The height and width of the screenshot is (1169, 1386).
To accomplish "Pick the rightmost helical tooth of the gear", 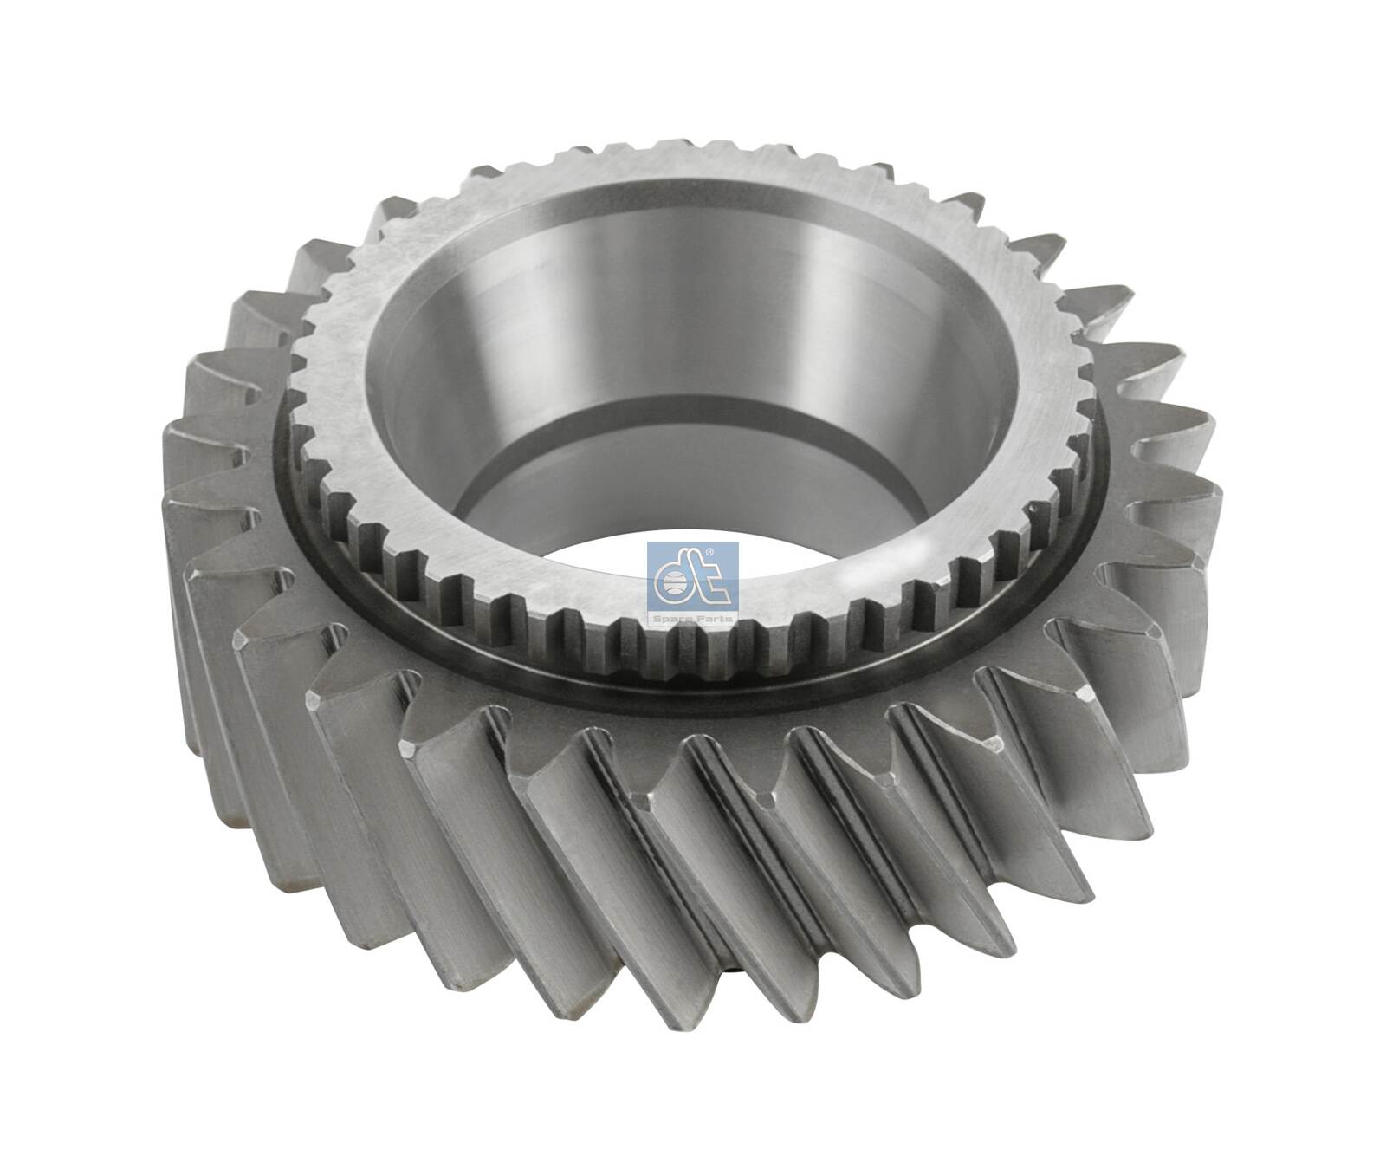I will pyautogui.click(x=1200, y=451).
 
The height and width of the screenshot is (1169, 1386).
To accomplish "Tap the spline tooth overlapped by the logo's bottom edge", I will pyautogui.click(x=693, y=637).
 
